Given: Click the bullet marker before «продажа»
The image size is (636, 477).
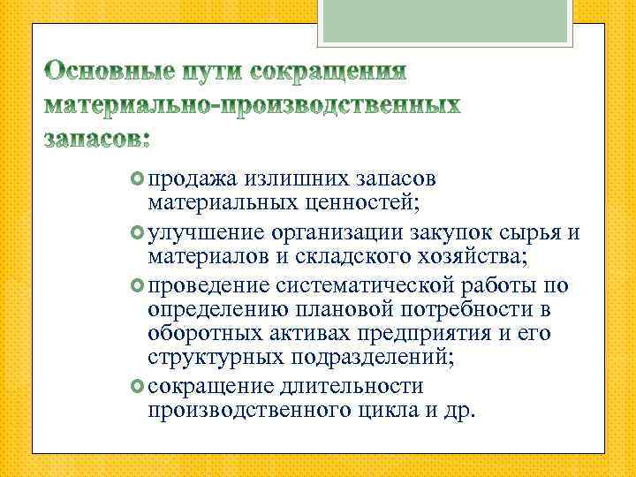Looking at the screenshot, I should pyautogui.click(x=138, y=179).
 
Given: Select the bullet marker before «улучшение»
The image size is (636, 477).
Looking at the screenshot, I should pyautogui.click(x=138, y=233).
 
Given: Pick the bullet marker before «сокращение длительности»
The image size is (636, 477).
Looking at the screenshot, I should pyautogui.click(x=138, y=387).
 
